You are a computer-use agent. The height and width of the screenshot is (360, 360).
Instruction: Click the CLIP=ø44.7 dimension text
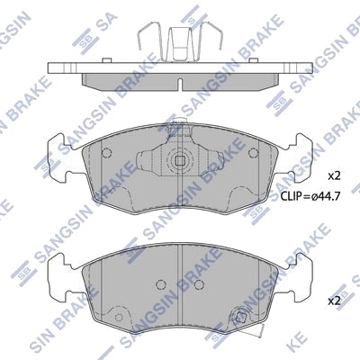point(310,196)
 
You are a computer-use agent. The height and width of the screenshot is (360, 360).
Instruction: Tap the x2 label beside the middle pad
point(334,176)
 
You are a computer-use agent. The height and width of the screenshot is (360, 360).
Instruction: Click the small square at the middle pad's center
point(180,161)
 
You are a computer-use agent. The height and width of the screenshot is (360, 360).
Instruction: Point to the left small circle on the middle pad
point(106,153)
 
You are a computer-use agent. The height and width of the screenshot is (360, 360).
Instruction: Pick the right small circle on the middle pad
point(253,153)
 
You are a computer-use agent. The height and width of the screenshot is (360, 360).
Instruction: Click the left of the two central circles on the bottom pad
point(161,284)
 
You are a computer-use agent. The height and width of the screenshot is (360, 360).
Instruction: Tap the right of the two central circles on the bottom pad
point(199,284)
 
